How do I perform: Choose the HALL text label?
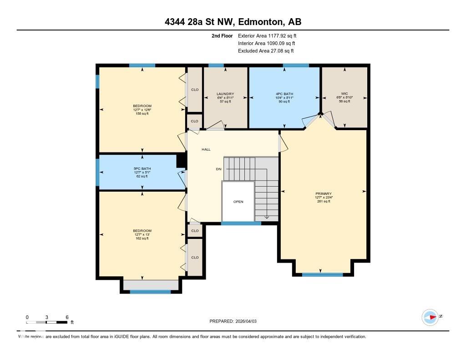click(206, 149)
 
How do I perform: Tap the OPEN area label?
click(238, 202)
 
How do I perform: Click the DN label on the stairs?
click(218, 169)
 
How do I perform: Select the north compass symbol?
click(430, 317)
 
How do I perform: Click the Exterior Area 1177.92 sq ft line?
click(267, 35)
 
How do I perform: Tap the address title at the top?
click(233, 22)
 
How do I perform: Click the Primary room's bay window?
click(322, 274)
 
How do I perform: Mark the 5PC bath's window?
click(97, 172)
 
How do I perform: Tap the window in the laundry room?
click(216, 66)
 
